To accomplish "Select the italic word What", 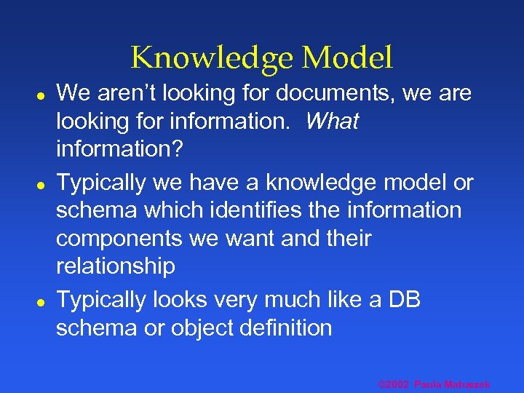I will pyautogui.click(x=332, y=122).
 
